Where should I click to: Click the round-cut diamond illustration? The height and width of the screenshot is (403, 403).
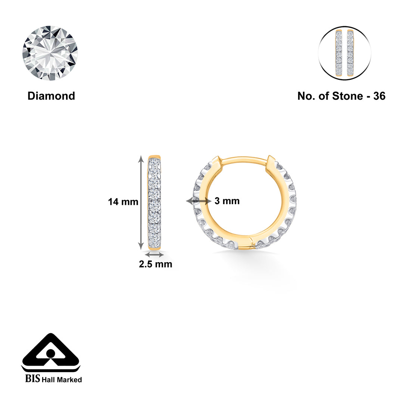[x=50, y=53]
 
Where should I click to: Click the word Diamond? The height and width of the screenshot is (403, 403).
[x=51, y=96]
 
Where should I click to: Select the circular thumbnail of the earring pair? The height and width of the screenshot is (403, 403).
[x=344, y=53]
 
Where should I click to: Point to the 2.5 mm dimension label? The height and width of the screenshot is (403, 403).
[x=156, y=264]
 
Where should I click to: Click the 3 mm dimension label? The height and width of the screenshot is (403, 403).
[x=227, y=201]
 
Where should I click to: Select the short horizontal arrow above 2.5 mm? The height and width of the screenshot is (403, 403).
[x=154, y=254]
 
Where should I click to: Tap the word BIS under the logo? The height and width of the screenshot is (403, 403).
[x=32, y=379]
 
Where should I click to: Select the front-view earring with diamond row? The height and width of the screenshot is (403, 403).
[x=154, y=202]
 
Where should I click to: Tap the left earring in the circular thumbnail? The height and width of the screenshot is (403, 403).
[x=339, y=53]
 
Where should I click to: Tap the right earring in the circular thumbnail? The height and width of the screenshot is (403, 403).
[x=350, y=53]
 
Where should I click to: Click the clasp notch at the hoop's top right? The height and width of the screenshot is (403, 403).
[x=271, y=163]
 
